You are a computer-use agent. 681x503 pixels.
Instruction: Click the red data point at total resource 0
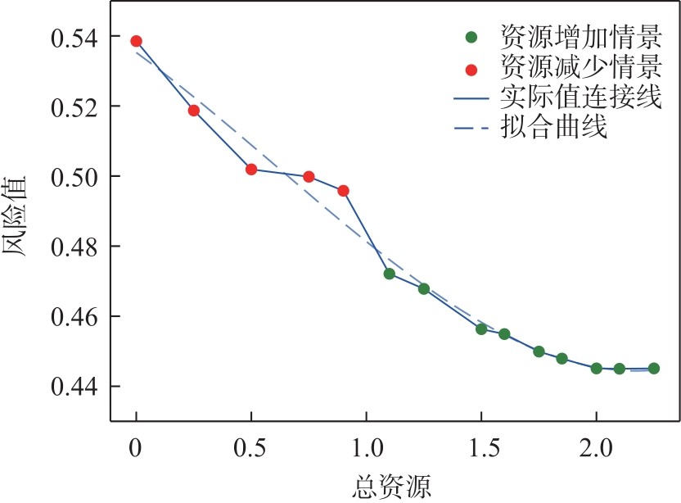coord(136,41)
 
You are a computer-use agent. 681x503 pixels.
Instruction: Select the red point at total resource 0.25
coord(194,111)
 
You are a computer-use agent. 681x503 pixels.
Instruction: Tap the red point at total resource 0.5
coord(251,170)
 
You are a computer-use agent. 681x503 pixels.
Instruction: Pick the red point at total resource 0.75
coord(309,176)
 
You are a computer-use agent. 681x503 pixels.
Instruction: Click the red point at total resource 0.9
coord(343,191)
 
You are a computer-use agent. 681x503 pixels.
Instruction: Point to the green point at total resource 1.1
coord(390,274)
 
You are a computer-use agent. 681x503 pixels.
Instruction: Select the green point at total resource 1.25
coord(424,288)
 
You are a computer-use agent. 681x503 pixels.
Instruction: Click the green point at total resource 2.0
coord(597,369)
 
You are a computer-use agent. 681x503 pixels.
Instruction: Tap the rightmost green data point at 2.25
coord(654,369)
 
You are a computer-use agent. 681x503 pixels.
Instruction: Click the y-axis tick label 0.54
coord(76,38)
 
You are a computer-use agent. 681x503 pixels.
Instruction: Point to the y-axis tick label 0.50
coord(76,177)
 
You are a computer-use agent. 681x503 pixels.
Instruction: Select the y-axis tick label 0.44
coord(76,387)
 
